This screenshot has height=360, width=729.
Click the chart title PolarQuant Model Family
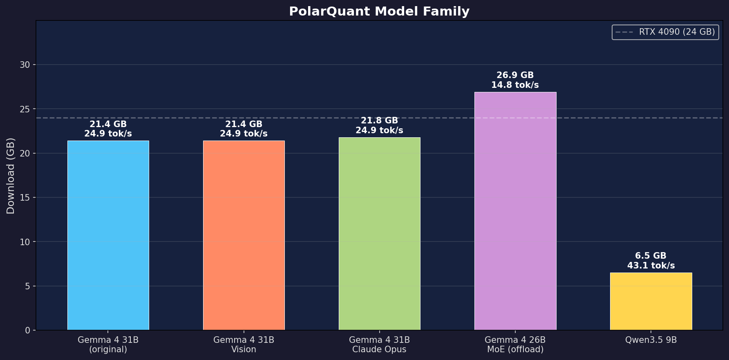click(x=379, y=11)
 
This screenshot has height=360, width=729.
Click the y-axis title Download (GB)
click(x=11, y=176)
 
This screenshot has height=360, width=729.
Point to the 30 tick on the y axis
click(x=25, y=65)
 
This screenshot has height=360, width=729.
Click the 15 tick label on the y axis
click(x=25, y=197)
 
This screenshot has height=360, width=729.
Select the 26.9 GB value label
click(x=515, y=75)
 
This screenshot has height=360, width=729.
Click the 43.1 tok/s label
click(x=651, y=266)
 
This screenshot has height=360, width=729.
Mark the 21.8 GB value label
click(x=379, y=121)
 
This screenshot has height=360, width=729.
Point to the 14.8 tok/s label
click(x=515, y=85)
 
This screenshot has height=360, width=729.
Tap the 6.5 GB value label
click(x=651, y=256)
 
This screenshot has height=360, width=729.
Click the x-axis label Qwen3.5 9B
click(x=651, y=340)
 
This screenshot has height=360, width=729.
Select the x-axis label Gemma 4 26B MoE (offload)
click(x=515, y=344)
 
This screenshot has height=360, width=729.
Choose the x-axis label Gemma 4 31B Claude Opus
click(x=379, y=344)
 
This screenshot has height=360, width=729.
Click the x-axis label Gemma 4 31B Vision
click(x=244, y=344)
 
